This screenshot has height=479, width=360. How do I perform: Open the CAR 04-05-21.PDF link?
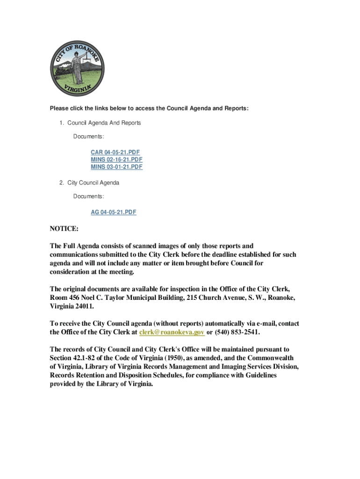(x=115, y=152)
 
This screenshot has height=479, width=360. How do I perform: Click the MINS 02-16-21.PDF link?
(x=116, y=160)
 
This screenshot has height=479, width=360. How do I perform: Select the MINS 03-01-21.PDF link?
(x=116, y=167)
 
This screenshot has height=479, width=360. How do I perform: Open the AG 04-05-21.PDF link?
(x=114, y=212)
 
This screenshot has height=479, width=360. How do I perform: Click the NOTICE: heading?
(x=64, y=229)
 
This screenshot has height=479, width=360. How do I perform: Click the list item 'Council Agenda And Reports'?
(x=104, y=123)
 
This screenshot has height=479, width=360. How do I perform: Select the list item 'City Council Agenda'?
(x=93, y=182)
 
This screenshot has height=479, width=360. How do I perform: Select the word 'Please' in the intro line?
(x=59, y=109)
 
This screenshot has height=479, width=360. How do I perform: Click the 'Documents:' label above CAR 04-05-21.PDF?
(x=88, y=137)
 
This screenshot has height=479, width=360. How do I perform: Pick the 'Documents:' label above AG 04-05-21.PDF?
(x=88, y=196)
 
